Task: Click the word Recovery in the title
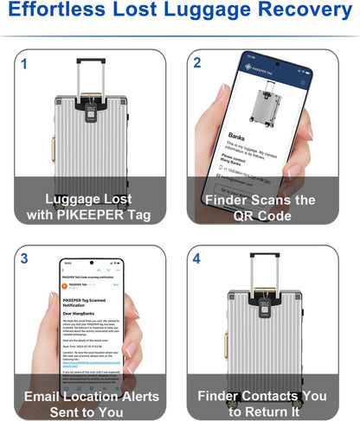[303, 13]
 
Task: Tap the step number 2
[197, 64]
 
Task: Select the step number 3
[24, 258]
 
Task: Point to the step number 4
[197, 258]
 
